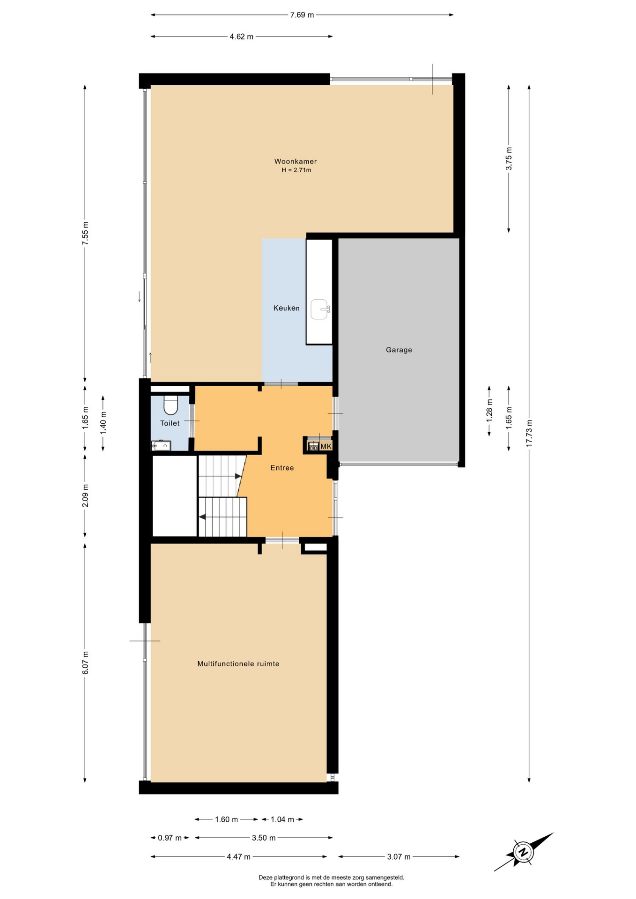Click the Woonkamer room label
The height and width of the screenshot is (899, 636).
point(296,162)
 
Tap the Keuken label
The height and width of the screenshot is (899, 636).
point(287,308)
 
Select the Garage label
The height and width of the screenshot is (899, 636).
point(399,350)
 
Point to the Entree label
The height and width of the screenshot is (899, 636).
point(282,468)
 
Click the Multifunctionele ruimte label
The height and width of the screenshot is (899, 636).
point(238,663)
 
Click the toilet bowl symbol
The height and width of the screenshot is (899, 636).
point(171,405)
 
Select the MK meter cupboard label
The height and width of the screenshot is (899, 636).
point(326,447)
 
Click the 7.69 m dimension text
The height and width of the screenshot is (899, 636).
point(302,15)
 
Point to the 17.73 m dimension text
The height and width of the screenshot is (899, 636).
point(530,433)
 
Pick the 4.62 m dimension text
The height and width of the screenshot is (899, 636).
point(242,37)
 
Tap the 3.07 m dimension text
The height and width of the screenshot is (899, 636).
point(399,857)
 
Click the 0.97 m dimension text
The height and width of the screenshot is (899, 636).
point(170,838)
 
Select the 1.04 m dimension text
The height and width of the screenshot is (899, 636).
point(282,819)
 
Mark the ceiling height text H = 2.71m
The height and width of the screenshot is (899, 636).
point(296,170)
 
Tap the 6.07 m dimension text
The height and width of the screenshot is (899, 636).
point(85,663)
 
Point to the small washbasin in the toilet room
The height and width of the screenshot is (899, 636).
point(161,445)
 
